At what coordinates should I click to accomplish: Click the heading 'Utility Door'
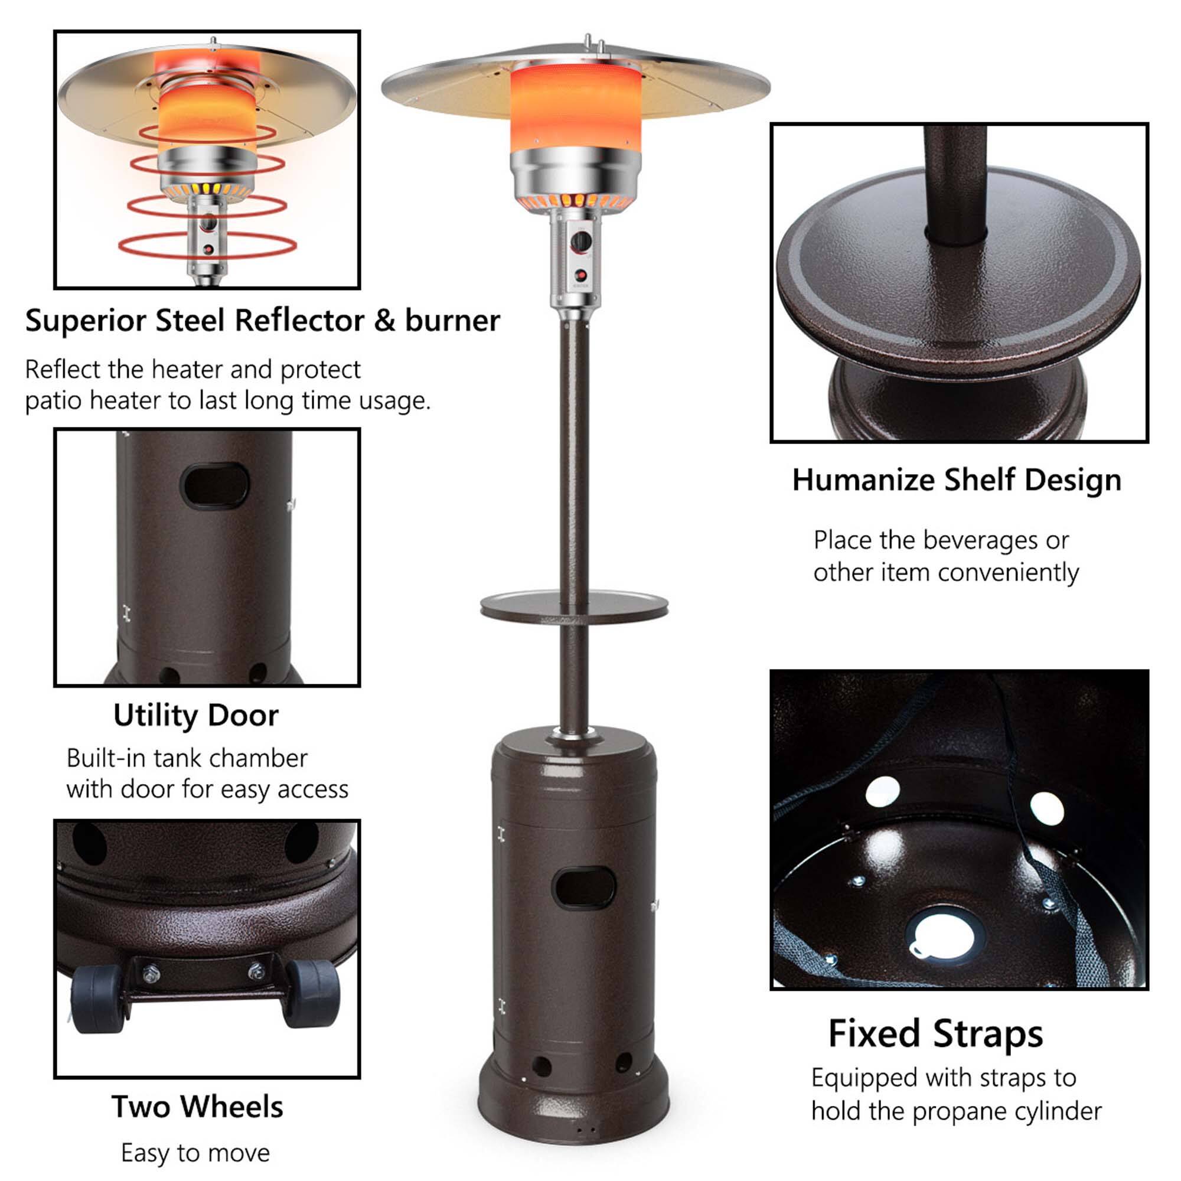195,716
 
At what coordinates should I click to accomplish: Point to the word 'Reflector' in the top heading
299,320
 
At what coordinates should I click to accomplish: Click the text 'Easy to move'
195,1153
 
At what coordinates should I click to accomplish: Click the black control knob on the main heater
580,242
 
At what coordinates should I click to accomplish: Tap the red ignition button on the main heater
580,276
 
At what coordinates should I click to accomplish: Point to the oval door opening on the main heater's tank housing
583,888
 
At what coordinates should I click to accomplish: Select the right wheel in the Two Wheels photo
312,992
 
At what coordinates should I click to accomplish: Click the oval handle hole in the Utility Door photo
215,486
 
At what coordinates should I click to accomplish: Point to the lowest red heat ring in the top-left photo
207,246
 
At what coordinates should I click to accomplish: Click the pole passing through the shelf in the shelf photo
955,184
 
